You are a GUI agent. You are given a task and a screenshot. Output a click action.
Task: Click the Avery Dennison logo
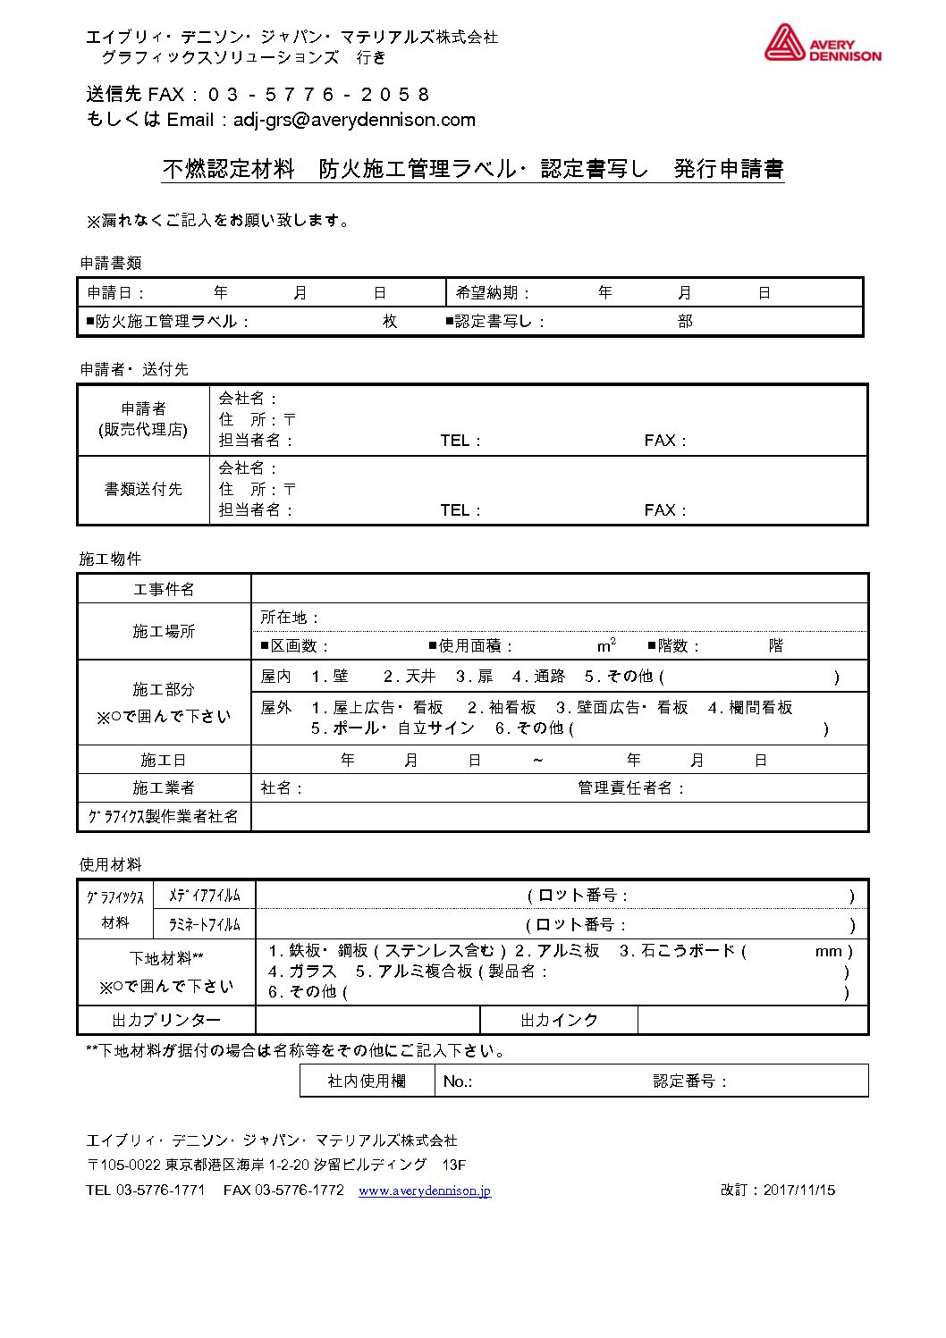822,44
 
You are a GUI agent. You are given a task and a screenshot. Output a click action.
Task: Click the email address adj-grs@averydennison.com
354,120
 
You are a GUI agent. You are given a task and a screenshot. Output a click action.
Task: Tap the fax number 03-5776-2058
318,95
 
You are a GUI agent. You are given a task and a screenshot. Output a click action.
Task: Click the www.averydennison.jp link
424,1191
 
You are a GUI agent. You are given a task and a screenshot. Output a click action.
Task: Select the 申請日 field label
115,293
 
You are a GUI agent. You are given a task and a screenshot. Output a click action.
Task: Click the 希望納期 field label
493,293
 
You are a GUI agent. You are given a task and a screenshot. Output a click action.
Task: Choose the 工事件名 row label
164,589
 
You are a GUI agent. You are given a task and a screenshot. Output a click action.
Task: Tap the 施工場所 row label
164,631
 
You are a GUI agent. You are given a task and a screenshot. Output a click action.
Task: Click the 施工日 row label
164,760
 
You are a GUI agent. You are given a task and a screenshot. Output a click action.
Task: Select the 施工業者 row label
164,787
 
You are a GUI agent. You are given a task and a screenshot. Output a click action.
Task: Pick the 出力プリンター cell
166,1020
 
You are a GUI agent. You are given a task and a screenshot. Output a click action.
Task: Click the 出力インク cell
559,1020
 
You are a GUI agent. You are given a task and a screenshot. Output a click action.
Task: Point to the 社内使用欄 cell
367,1081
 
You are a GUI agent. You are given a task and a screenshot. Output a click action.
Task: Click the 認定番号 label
689,1081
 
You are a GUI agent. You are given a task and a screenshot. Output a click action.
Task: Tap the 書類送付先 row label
143,489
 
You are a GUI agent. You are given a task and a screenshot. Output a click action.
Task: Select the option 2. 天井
410,677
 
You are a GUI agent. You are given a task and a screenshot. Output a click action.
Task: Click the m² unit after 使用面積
606,645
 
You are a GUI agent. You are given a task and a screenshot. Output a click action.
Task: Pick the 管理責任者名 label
630,788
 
